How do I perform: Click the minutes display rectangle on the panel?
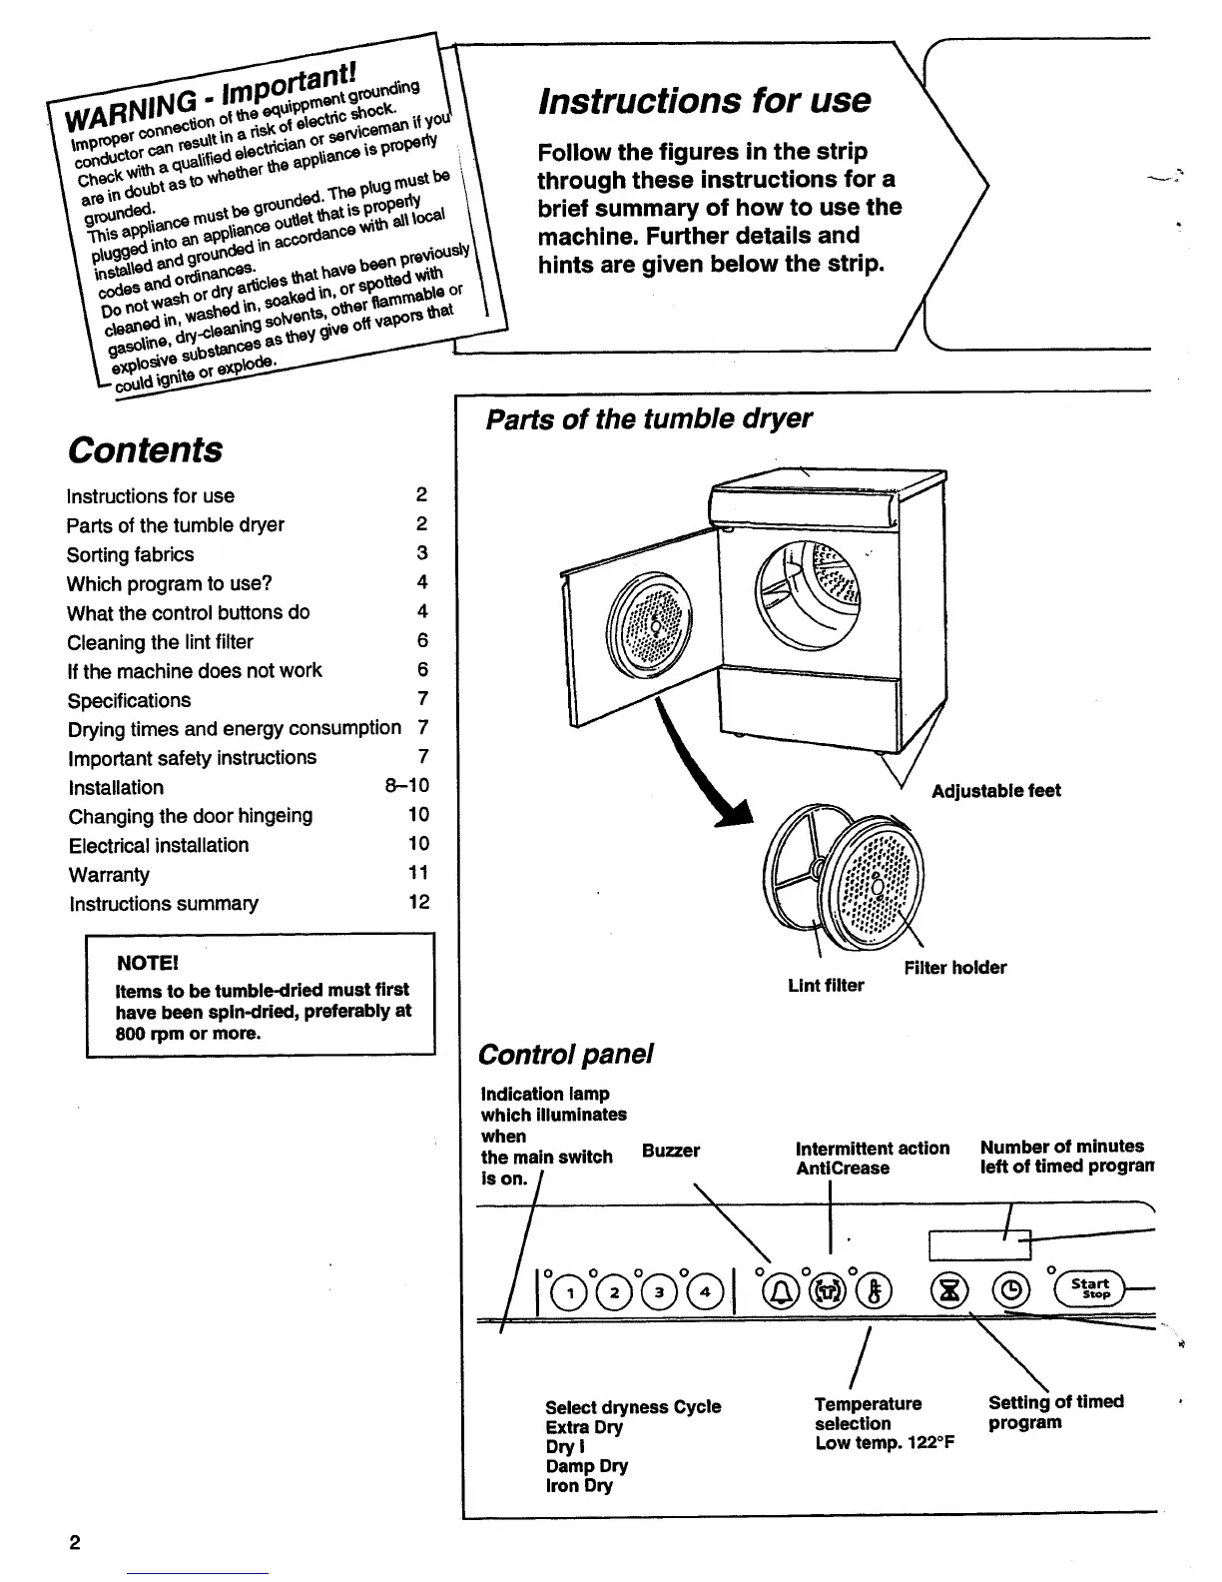tap(979, 1244)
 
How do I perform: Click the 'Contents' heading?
tap(146, 449)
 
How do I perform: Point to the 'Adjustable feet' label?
tap(995, 791)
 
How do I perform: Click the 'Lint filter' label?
tap(826, 986)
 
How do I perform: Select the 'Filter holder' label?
tap(955, 968)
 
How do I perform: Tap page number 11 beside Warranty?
tap(418, 873)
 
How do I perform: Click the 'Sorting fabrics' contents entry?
tap(131, 554)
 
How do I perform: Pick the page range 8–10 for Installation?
tap(407, 786)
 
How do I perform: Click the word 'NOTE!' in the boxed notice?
tap(148, 963)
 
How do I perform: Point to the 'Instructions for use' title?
tap(704, 100)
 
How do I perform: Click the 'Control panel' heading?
tap(565, 1054)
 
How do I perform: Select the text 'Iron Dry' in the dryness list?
tap(579, 1486)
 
